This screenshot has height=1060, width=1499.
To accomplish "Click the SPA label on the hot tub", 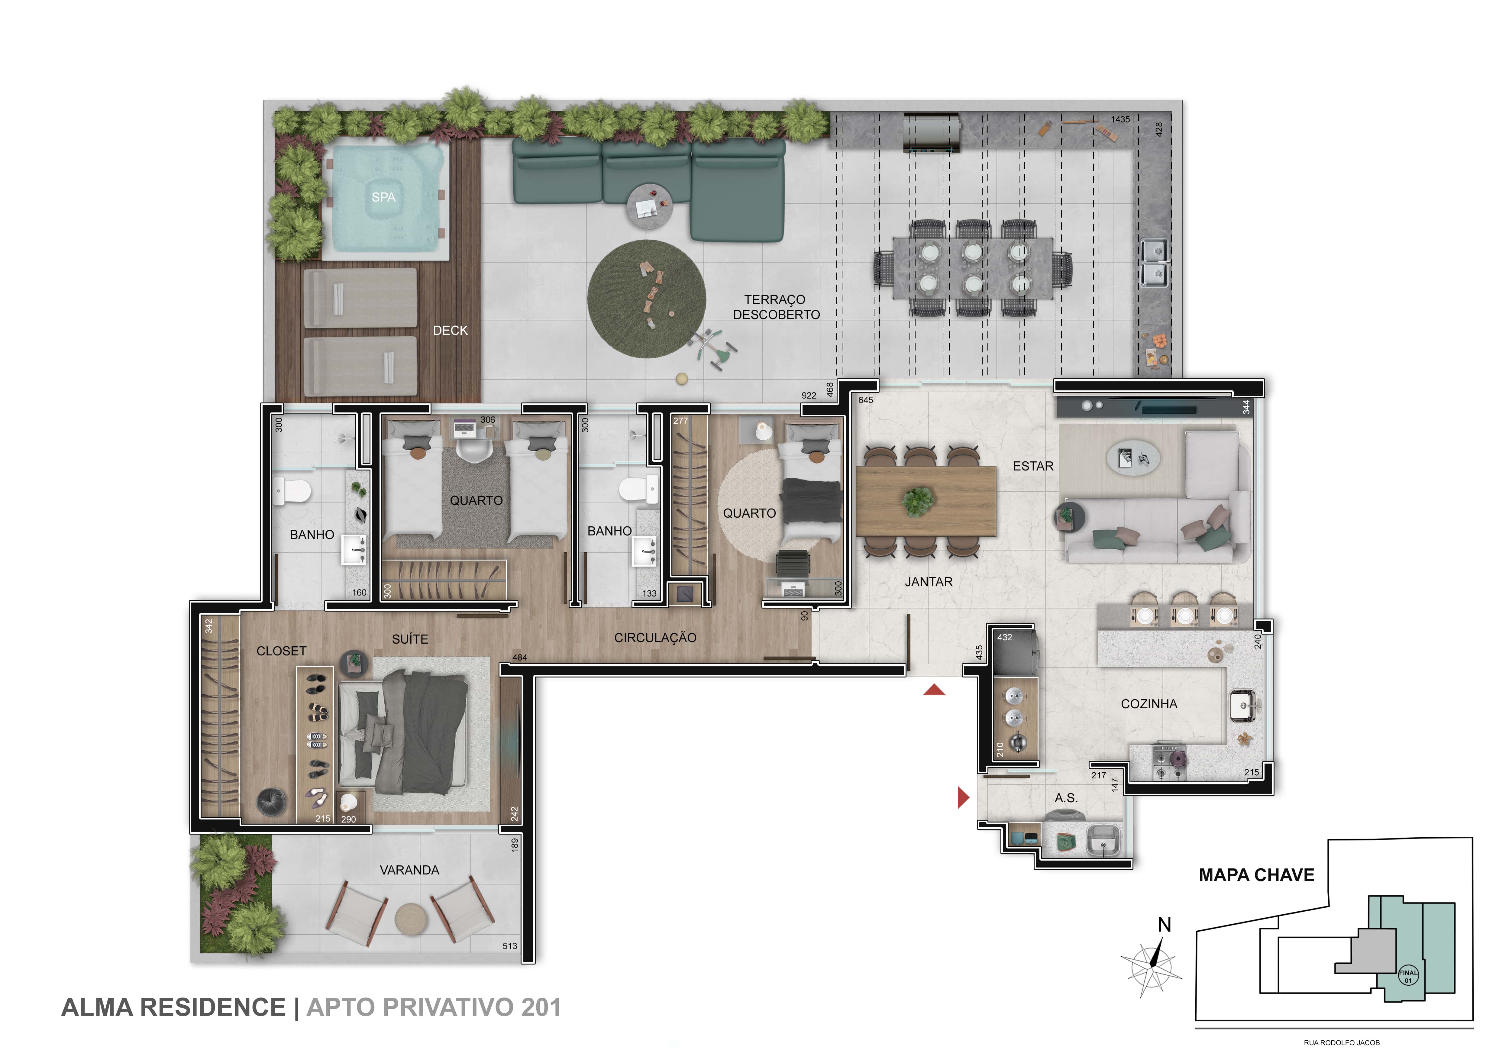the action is [x=383, y=197].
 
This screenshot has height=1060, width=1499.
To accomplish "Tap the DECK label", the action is [x=451, y=330].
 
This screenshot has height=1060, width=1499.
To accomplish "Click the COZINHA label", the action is [x=1149, y=704].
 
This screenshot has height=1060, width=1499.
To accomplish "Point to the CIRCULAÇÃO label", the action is [x=655, y=638].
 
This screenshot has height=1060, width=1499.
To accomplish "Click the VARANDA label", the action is [x=409, y=870].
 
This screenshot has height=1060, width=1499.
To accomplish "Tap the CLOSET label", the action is [x=281, y=651].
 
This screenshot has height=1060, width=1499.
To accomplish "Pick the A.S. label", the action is [x=1066, y=798].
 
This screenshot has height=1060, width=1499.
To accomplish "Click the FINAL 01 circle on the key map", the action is [x=1408, y=977].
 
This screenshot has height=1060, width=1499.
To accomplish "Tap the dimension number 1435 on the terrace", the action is [x=1120, y=119].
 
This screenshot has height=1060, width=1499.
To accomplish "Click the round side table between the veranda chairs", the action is [x=410, y=918].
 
